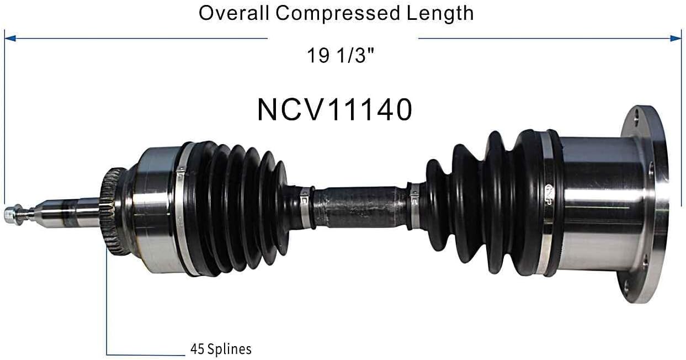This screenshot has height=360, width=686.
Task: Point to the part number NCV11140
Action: click(x=334, y=110)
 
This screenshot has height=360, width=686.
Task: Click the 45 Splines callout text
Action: click(x=221, y=349)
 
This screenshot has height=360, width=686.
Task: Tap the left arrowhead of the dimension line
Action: click(x=9, y=38)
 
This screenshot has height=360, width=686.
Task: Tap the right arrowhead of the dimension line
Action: click(x=677, y=38)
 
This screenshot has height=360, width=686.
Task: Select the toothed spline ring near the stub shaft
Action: click(x=114, y=212)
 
